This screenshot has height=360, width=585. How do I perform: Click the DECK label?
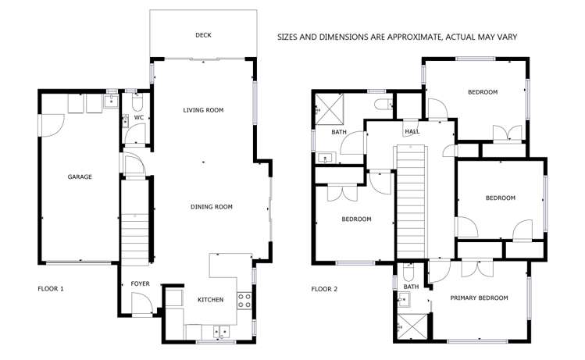pyautogui.click(x=203, y=35)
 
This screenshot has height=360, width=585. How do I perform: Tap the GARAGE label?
pyautogui.click(x=80, y=176)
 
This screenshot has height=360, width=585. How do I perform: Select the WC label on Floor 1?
pyautogui.click(x=139, y=117)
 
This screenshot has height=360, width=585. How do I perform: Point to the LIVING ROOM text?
pyautogui.click(x=203, y=110)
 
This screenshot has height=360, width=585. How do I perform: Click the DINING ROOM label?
pyautogui.click(x=212, y=207)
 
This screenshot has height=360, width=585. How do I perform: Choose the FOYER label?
pyautogui.click(x=141, y=284)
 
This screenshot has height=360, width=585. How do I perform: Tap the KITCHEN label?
pyautogui.click(x=210, y=300)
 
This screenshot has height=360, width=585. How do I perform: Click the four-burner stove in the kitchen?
pyautogui.click(x=244, y=301)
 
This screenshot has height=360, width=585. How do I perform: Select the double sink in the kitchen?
pyautogui.click(x=221, y=332)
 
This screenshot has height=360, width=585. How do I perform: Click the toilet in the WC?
pyautogui.click(x=137, y=102)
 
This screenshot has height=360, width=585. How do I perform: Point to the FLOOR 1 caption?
pyautogui.click(x=51, y=289)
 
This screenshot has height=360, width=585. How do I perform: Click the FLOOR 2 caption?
pyautogui.click(x=324, y=289)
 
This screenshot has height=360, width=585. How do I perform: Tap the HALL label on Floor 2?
pyautogui.click(x=412, y=132)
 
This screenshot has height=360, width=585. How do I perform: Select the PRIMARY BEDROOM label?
pyautogui.click(x=479, y=298)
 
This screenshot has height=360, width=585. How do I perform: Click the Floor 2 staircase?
pyautogui.click(x=411, y=201)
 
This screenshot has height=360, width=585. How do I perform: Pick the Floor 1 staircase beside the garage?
pyautogui.click(x=134, y=240)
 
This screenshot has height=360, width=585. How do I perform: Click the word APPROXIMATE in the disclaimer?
pyautogui.click(x=415, y=37)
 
